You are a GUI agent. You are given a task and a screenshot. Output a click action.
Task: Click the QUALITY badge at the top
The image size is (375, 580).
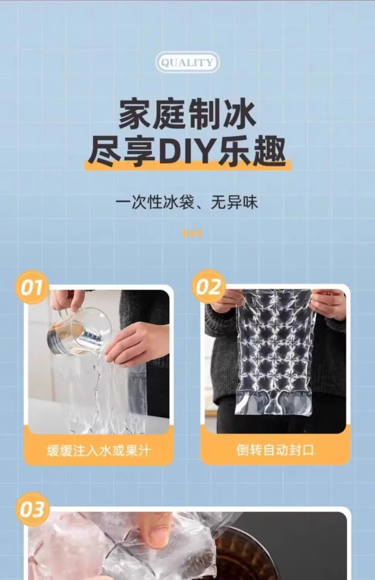[187, 62]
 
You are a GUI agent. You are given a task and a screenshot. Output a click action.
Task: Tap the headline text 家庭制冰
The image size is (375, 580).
[188, 114]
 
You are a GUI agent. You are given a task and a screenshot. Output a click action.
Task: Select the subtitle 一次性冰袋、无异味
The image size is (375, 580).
[187, 202]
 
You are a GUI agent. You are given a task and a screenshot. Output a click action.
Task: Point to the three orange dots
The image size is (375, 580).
[192, 233]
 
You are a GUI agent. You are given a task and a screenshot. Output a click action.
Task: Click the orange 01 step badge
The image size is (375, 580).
[32, 287]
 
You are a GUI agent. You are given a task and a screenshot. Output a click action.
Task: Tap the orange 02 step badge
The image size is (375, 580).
[208, 287]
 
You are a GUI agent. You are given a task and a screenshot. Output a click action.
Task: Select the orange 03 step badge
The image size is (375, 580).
[33, 509]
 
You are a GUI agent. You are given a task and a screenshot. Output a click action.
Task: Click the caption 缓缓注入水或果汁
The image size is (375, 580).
[98, 450]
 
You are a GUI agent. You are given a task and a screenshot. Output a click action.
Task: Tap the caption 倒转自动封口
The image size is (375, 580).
[275, 450]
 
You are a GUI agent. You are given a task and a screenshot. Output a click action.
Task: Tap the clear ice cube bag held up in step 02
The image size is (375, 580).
[274, 352]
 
